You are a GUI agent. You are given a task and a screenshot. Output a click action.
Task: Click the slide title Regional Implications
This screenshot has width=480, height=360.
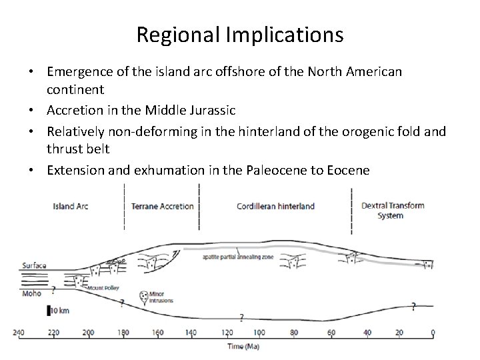pyautogui.click(x=240, y=34)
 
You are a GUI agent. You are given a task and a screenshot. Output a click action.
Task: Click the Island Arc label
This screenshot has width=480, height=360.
pyautogui.click(x=71, y=206)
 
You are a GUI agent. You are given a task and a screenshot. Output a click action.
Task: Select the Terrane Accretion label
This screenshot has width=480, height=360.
pyautogui.click(x=163, y=206)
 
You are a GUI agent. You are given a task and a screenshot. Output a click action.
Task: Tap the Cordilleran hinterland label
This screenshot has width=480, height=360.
pyautogui.click(x=276, y=206)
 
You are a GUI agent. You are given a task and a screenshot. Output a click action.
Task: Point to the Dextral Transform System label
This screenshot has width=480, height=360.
pyautogui.click(x=392, y=210)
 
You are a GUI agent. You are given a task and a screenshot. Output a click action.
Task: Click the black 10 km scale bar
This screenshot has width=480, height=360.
pyautogui.click(x=49, y=310)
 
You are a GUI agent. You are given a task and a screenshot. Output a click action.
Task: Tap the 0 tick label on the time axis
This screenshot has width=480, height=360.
pyautogui.click(x=433, y=333)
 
